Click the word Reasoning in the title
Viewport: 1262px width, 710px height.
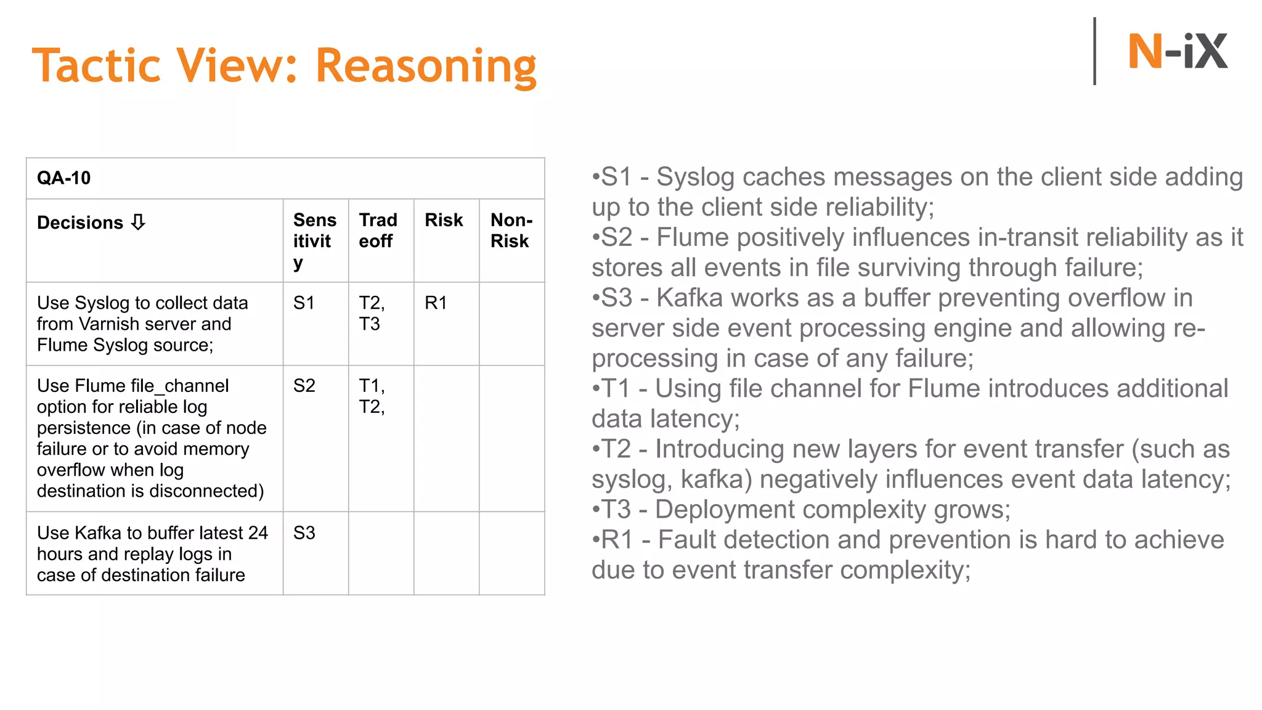[x=426, y=67]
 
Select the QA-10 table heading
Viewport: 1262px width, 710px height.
[x=63, y=178]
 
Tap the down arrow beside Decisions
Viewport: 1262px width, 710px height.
[x=138, y=222]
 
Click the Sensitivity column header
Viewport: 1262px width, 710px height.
[x=314, y=240]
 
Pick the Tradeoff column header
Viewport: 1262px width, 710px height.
[x=378, y=230]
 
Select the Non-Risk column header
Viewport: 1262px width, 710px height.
[x=511, y=230]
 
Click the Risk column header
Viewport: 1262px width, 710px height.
[x=444, y=220]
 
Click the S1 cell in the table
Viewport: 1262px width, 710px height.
[x=304, y=303]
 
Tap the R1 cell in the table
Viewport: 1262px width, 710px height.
[x=436, y=303]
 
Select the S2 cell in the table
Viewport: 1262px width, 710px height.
[x=304, y=385]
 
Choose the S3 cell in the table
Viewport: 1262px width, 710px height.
[x=304, y=532]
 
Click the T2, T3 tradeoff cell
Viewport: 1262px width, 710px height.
[x=372, y=313]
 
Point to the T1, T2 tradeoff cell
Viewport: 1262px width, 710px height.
[x=372, y=396]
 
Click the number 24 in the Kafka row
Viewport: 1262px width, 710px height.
[x=258, y=532]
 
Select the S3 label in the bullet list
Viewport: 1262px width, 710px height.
[x=616, y=298]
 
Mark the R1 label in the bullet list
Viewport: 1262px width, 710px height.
[x=617, y=540]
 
